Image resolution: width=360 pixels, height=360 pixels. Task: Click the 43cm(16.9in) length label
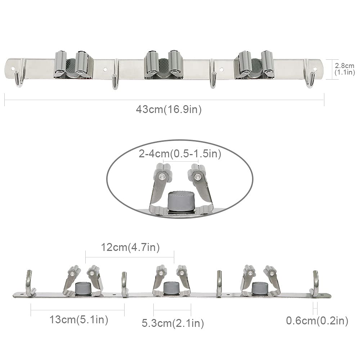coord(169,109)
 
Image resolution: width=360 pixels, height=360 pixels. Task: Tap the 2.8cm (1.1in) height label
coord(345,69)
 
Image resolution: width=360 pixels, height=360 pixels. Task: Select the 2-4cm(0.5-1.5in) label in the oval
coord(180,154)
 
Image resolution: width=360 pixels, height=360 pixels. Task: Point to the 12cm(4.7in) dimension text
coord(130,247)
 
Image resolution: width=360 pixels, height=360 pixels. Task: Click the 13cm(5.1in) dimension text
coord(79,319)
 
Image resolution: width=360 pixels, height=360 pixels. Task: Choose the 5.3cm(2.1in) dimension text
coord(173,323)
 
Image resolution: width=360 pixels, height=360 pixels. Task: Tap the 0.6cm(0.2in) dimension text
coord(317,320)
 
